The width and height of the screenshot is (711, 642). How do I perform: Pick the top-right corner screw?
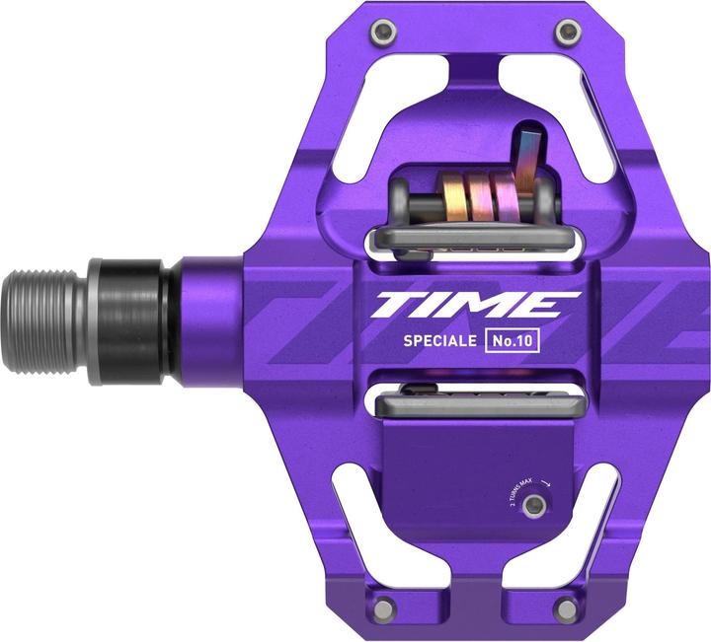coord(566,35)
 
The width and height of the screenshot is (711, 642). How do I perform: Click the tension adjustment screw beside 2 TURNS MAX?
coord(534,505)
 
